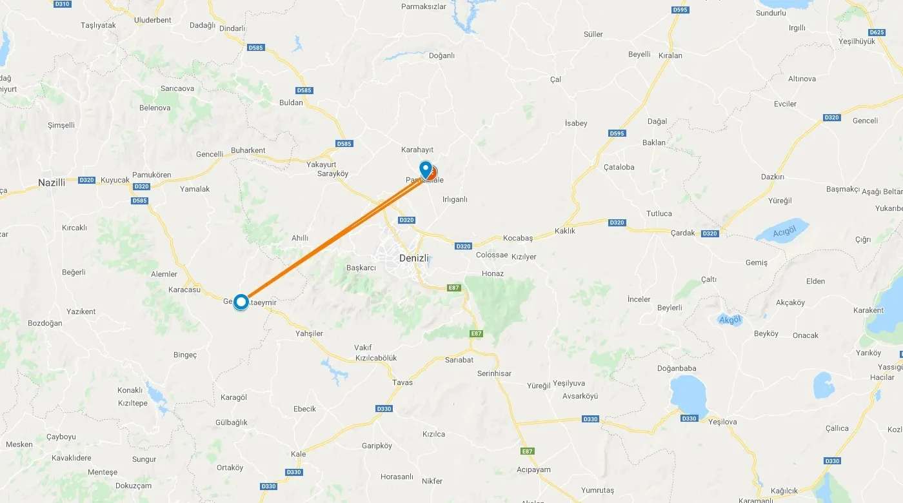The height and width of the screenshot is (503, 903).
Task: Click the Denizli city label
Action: (x=414, y=258)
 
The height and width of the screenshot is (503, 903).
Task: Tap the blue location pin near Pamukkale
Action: (x=425, y=168)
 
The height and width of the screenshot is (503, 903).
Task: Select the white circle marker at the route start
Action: (x=241, y=302)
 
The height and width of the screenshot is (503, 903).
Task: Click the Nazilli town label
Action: (x=52, y=182)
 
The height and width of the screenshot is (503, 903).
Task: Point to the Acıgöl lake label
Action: (x=785, y=232)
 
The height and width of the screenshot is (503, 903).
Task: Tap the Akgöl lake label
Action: (x=730, y=320)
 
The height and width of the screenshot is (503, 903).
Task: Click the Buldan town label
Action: (x=291, y=103)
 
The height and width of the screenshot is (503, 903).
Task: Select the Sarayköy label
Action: (x=333, y=174)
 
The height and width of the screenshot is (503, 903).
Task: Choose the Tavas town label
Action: (x=402, y=382)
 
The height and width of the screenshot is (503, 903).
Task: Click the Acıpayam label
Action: (x=534, y=469)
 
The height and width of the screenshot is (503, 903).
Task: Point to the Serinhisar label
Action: (x=494, y=374)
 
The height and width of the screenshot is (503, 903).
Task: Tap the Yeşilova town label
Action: (x=722, y=422)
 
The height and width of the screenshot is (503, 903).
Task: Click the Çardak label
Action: (x=683, y=233)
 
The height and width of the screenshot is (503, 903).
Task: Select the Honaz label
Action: (x=493, y=273)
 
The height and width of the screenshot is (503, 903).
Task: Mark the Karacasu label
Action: (x=184, y=290)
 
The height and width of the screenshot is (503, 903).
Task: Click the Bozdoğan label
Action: (x=45, y=323)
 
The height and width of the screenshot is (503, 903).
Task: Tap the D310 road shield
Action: (x=63, y=4)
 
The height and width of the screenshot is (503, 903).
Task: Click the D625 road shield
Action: (x=877, y=32)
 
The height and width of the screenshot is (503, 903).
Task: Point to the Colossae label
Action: (x=492, y=255)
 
